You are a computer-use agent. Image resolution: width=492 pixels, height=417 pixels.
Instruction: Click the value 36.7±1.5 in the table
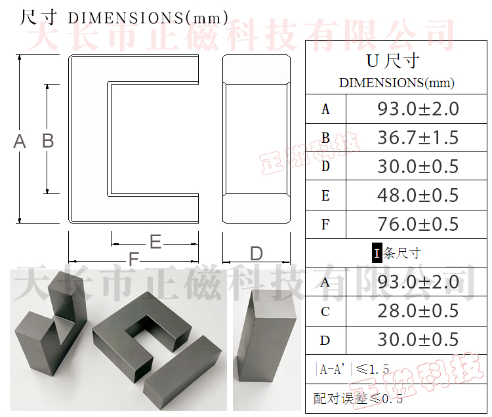pyautogui.click(x=418, y=138)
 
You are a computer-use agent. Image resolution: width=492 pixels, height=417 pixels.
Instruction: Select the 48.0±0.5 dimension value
pyautogui.click(x=418, y=195)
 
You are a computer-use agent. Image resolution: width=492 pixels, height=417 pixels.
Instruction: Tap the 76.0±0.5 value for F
pyautogui.click(x=418, y=224)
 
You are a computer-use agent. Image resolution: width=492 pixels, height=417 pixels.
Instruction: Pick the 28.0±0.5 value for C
pyautogui.click(x=418, y=311)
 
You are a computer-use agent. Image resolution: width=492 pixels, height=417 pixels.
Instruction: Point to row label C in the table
pyautogui.click(x=325, y=311)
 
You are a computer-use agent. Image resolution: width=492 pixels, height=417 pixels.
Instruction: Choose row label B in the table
pyautogui.click(x=325, y=138)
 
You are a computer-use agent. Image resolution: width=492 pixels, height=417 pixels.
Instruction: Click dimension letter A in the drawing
pyautogui.click(x=20, y=141)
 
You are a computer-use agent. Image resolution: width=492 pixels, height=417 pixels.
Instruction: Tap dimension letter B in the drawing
pyautogui.click(x=47, y=141)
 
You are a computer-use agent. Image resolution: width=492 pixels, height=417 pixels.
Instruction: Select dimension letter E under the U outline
pyautogui.click(x=155, y=243)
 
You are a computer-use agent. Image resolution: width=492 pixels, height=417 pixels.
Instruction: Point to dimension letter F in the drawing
pyautogui.click(x=133, y=260)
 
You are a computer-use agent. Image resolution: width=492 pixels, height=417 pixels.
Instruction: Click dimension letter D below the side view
pyautogui.click(x=256, y=254)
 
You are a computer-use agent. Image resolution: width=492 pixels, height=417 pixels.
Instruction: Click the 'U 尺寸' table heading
pyautogui.click(x=392, y=62)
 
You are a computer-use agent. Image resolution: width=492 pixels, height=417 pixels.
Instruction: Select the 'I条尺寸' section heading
pyautogui.click(x=396, y=253)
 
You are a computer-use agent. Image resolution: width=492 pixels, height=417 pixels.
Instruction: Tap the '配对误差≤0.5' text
pyautogui.click(x=358, y=398)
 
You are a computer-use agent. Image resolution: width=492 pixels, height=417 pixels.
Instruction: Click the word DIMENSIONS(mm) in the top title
pyautogui.click(x=148, y=18)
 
